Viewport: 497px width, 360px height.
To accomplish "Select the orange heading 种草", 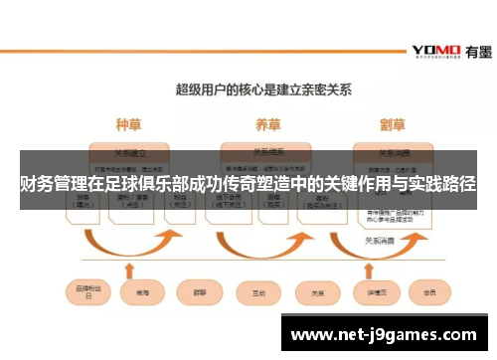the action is [129, 126].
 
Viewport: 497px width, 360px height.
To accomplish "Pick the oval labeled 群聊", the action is [198, 293].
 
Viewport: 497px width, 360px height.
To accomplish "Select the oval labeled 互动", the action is [259, 293].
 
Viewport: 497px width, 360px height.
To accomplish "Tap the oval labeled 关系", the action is [318, 293].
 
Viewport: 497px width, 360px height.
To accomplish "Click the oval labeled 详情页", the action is [375, 293].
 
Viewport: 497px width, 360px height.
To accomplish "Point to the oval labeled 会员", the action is [429, 293].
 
